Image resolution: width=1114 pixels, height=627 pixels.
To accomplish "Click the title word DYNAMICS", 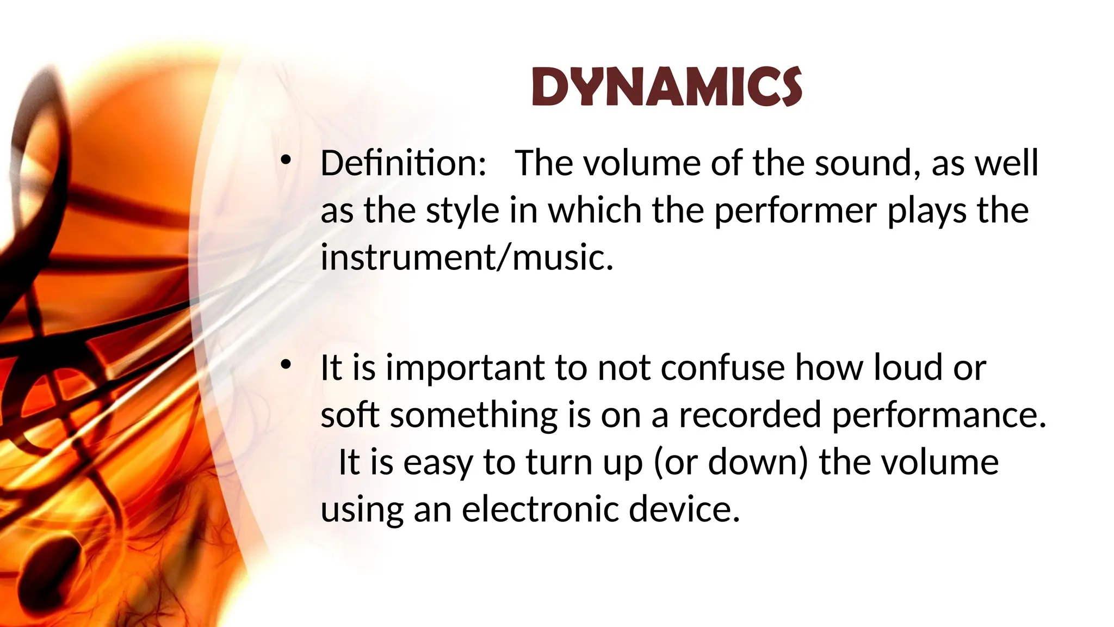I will pos(666,87).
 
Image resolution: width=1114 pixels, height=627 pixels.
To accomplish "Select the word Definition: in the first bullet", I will pos(403,163).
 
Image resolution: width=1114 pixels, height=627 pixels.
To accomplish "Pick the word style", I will pos(462,210).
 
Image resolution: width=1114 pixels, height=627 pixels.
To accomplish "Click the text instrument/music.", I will pos(467,257).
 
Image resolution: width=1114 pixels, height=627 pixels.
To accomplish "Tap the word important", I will pos(465,368).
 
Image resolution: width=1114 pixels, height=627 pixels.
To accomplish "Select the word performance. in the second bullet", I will pos(939,415).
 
